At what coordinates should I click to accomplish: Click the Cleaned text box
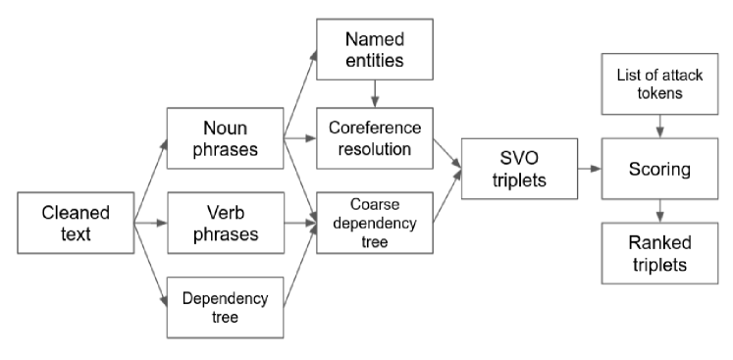click(76, 224)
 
